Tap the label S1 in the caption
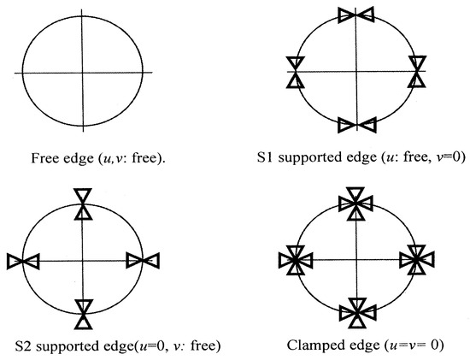coord(265,157)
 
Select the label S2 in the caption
coord(23,346)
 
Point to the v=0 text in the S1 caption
coord(452,157)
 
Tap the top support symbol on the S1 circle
coord(355,15)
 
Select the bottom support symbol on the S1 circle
coord(356,125)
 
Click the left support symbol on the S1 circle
coord(296,72)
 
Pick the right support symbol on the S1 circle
coord(417,71)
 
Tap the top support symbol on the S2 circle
coord(83,204)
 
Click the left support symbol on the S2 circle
coord(23,262)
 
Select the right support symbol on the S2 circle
coord(143,261)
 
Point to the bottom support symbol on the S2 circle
coord(84,314)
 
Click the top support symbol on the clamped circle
coord(355,204)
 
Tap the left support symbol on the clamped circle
coord(296,261)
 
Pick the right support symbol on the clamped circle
coord(416,260)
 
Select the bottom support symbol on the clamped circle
coord(356,313)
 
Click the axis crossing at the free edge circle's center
coord(82,73)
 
